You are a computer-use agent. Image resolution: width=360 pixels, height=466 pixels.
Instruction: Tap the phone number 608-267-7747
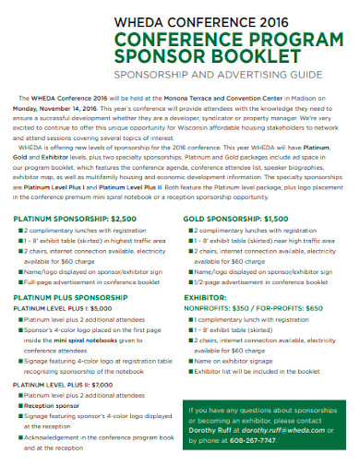click(x=250, y=441)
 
